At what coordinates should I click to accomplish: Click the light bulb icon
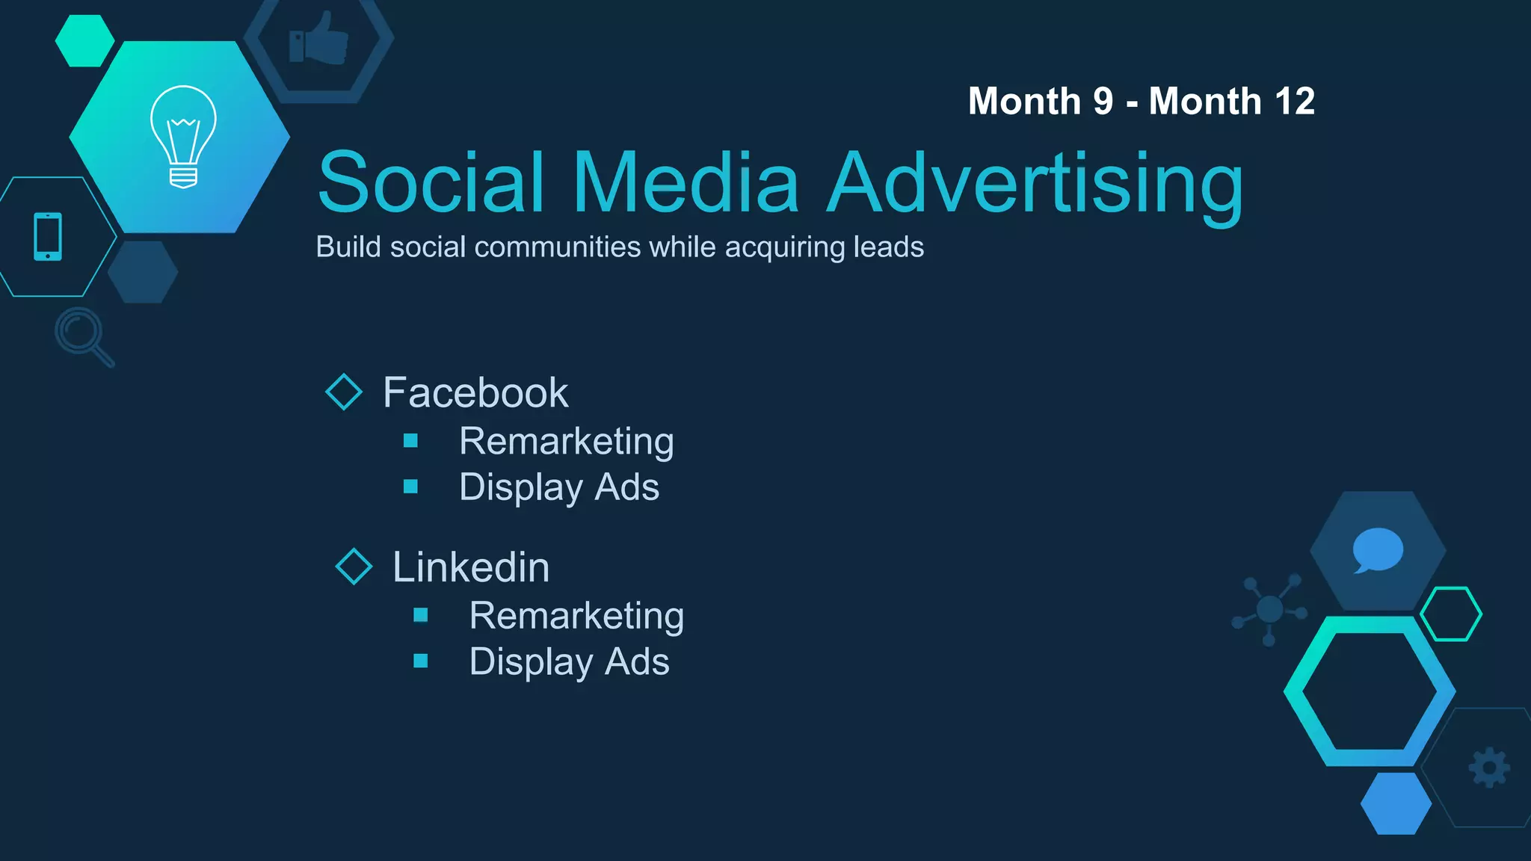[183, 136]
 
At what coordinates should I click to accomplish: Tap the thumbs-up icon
[319, 39]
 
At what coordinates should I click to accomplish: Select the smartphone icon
[48, 236]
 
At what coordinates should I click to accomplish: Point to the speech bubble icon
[1377, 550]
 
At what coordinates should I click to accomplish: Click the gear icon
[1489, 768]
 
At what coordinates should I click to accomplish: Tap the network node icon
[1269, 609]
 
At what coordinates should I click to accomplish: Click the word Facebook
[475, 392]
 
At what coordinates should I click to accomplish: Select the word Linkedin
[471, 567]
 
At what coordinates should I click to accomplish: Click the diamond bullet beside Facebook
[344, 392]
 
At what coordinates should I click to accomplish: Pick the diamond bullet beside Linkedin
[354, 566]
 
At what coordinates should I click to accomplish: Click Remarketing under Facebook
[566, 441]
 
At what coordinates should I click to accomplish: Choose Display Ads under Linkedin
[569, 661]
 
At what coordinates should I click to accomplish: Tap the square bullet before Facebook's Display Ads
[410, 487]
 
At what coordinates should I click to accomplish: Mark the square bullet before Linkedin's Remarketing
[421, 614]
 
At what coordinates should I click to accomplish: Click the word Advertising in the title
[1036, 183]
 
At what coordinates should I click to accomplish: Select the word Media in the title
[686, 183]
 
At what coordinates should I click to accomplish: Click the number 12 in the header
[1295, 101]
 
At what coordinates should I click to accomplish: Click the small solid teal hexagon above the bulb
[84, 40]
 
